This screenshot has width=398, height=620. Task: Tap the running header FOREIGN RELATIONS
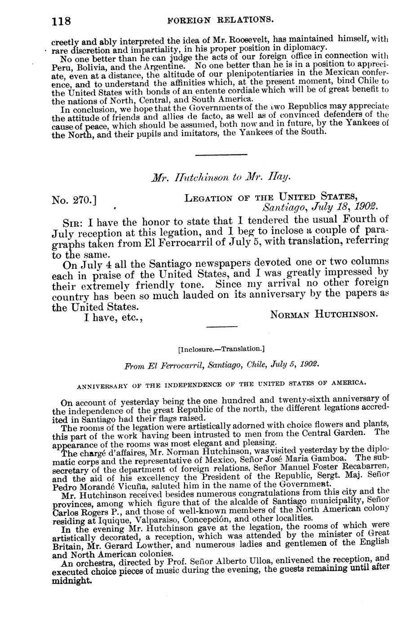tap(221, 20)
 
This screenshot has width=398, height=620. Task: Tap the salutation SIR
tap(74, 222)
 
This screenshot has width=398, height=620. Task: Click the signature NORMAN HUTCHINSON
tap(323, 315)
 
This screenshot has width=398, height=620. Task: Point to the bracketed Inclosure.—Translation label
tap(221, 348)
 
